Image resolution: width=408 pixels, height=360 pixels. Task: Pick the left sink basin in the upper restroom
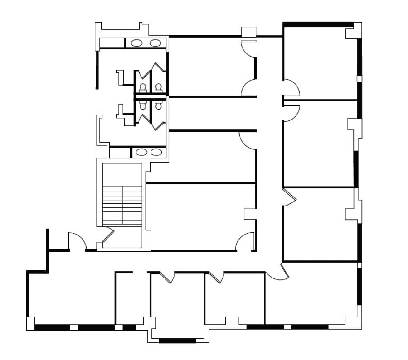(x=136, y=43)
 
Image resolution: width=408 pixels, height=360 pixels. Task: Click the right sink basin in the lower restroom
(x=156, y=152)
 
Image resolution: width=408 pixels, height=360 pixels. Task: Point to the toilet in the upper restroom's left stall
(x=143, y=87)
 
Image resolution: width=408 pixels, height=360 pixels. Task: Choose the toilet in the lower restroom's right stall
(x=158, y=105)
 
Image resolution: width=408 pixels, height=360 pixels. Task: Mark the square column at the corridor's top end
(x=248, y=32)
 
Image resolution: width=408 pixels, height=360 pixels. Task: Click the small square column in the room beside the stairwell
(x=250, y=214)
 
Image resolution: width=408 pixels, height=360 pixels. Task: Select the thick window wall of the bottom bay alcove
(x=177, y=341)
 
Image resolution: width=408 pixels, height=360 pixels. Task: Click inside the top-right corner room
(x=320, y=61)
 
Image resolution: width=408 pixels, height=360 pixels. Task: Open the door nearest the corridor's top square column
(x=249, y=48)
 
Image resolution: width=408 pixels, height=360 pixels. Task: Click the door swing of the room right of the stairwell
(x=245, y=241)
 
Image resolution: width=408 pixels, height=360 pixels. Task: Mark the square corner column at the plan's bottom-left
(x=30, y=323)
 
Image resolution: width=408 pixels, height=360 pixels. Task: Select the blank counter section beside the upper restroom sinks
(x=112, y=43)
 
